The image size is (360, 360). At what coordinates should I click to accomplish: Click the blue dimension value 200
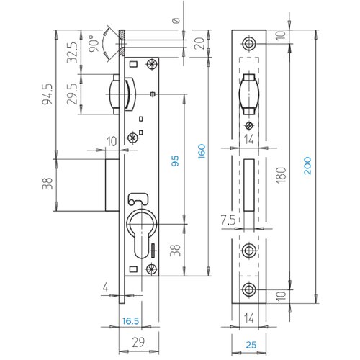pyautogui.click(x=307, y=166)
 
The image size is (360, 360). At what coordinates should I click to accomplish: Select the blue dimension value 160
pyautogui.click(x=202, y=151)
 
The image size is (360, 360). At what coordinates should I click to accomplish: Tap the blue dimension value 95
pyautogui.click(x=175, y=161)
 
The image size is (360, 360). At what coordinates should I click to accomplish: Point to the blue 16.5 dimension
pyautogui.click(x=130, y=321)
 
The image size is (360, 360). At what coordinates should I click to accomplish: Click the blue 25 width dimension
pyautogui.click(x=251, y=345)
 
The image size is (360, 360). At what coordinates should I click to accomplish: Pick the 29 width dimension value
pyautogui.click(x=138, y=342)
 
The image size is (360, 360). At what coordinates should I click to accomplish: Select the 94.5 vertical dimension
pyautogui.click(x=47, y=94)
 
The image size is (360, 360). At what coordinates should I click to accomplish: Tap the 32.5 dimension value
pyautogui.click(x=72, y=53)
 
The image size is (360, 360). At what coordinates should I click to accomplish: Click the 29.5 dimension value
pyautogui.click(x=72, y=94)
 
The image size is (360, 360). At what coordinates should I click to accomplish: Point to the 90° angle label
pyautogui.click(x=94, y=43)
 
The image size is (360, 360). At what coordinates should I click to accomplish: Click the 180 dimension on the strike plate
pyautogui.click(x=281, y=176)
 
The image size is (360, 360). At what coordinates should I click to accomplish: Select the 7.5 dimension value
pyautogui.click(x=228, y=220)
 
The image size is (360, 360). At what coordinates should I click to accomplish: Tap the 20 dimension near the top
pyautogui.click(x=199, y=43)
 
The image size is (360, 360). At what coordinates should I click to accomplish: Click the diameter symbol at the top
pyautogui.click(x=176, y=21)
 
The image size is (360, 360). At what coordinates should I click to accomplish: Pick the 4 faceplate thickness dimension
pyautogui.click(x=105, y=287)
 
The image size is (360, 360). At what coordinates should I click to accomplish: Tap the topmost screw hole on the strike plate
pyautogui.click(x=248, y=44)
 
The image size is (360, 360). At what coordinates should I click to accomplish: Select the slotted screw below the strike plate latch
pyautogui.click(x=249, y=126)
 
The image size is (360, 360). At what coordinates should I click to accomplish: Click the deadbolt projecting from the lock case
pyautogui.click(x=112, y=185)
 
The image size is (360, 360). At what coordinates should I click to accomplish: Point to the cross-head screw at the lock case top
pyautogui.click(x=152, y=64)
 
